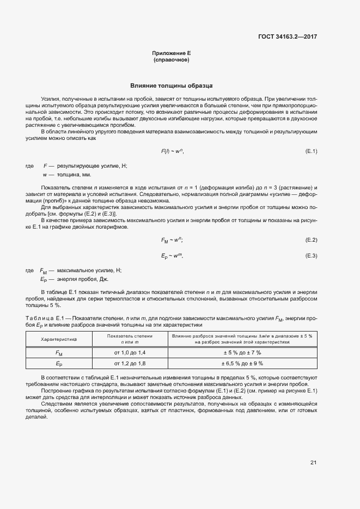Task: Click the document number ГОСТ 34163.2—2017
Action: click(287, 36)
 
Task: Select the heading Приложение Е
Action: click(171, 53)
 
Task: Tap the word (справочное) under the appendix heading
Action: click(171, 59)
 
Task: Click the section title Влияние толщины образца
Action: click(171, 86)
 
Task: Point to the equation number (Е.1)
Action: click(311, 151)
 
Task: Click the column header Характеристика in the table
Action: click(59, 339)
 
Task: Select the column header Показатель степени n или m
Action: click(129, 339)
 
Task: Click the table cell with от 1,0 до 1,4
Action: click(129, 353)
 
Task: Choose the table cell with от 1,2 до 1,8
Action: click(129, 363)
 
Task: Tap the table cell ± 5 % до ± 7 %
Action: click(241, 353)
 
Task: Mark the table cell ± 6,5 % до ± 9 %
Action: click(241, 363)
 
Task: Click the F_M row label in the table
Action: click(59, 353)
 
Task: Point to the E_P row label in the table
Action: click(59, 364)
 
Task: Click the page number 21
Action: click(313, 463)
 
